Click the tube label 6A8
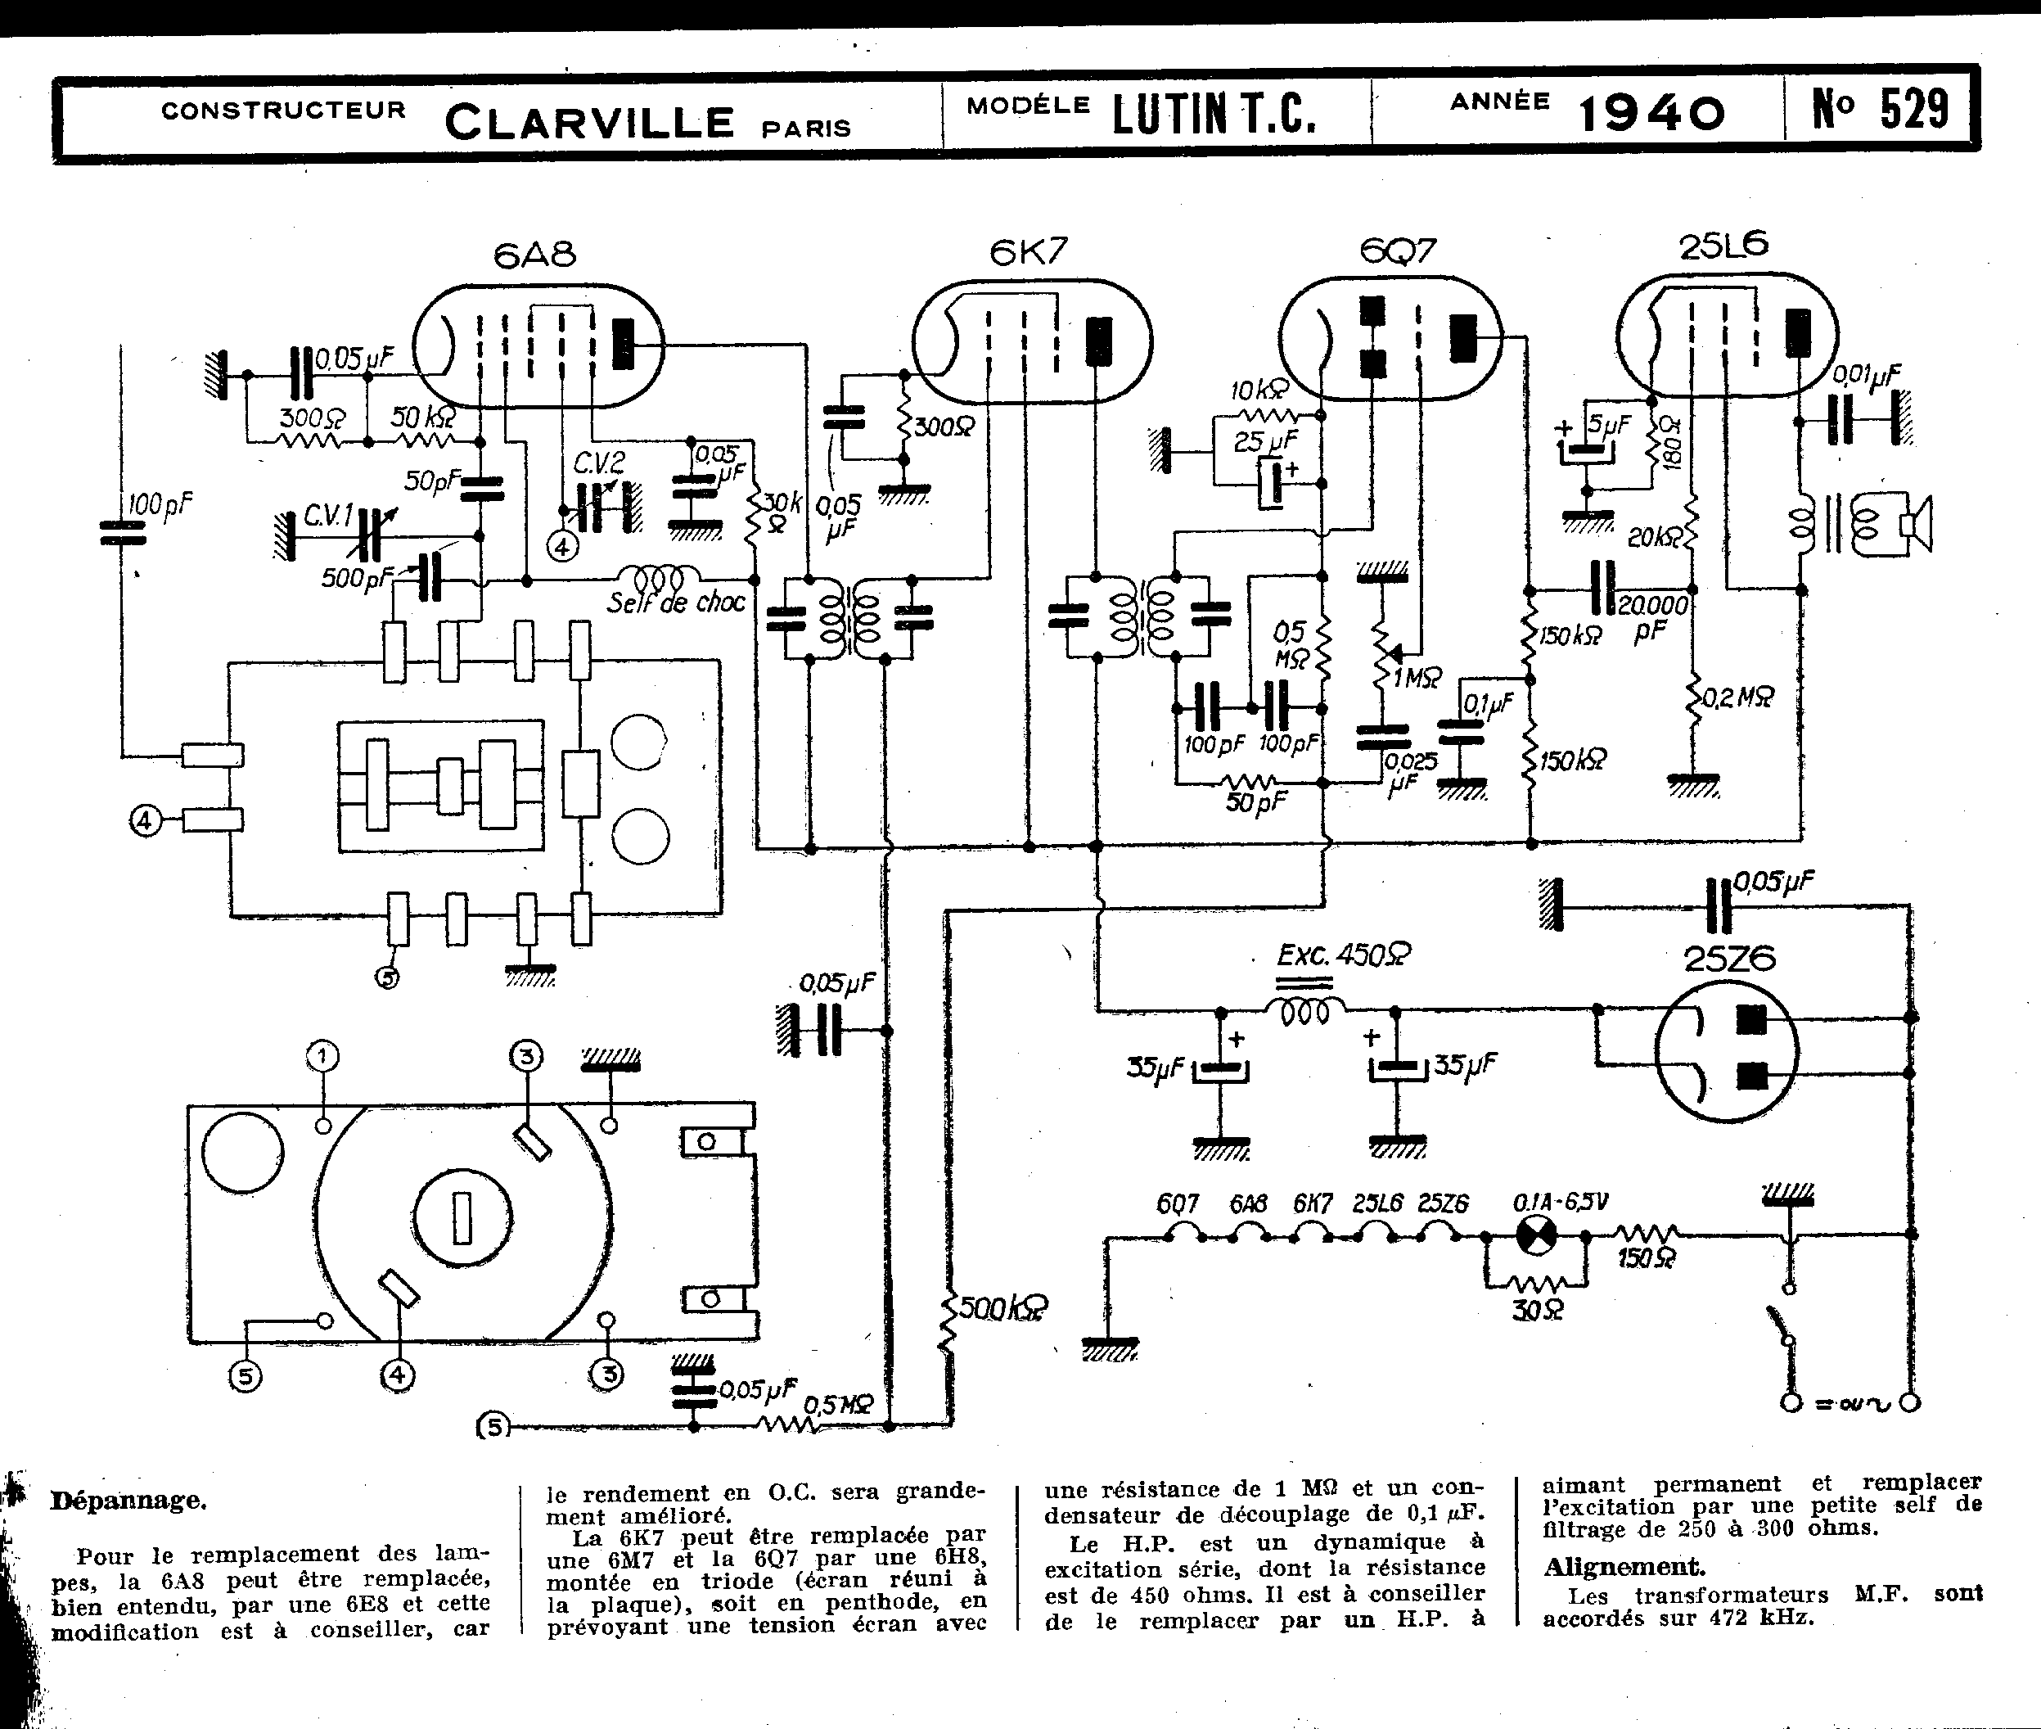coord(534,255)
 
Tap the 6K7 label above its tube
coord(1028,253)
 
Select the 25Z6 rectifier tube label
coord(1729,959)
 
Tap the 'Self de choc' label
coord(675,602)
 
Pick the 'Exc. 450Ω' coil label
coord(1344,955)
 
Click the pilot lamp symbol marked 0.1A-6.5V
coord(1535,1237)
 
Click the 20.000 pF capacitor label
coord(1653,616)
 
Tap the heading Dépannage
coord(128,1501)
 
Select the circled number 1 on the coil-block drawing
coord(322,1057)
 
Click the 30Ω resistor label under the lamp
coord(1536,1311)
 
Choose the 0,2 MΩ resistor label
coord(1738,697)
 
